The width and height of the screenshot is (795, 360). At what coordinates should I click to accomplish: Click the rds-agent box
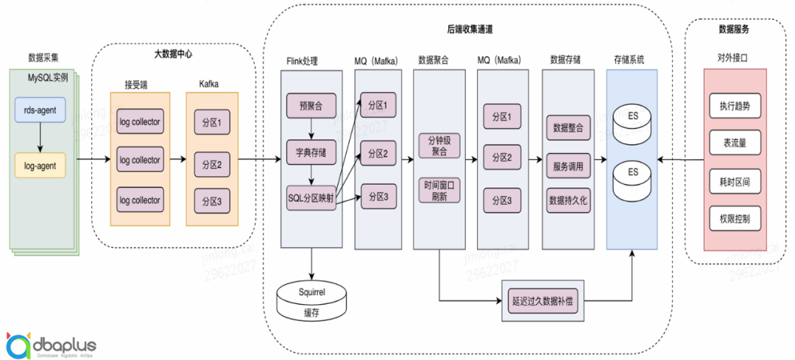click(x=40, y=110)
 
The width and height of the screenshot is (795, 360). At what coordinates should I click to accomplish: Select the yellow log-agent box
click(x=40, y=166)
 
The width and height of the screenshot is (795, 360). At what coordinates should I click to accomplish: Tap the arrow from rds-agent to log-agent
click(x=40, y=138)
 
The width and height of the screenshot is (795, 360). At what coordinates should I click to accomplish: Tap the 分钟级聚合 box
click(x=438, y=145)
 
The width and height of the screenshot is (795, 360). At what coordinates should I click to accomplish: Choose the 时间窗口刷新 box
click(x=438, y=191)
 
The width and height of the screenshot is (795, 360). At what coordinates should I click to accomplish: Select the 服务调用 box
click(x=568, y=166)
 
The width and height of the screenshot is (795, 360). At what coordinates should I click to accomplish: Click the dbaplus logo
click(x=52, y=344)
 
